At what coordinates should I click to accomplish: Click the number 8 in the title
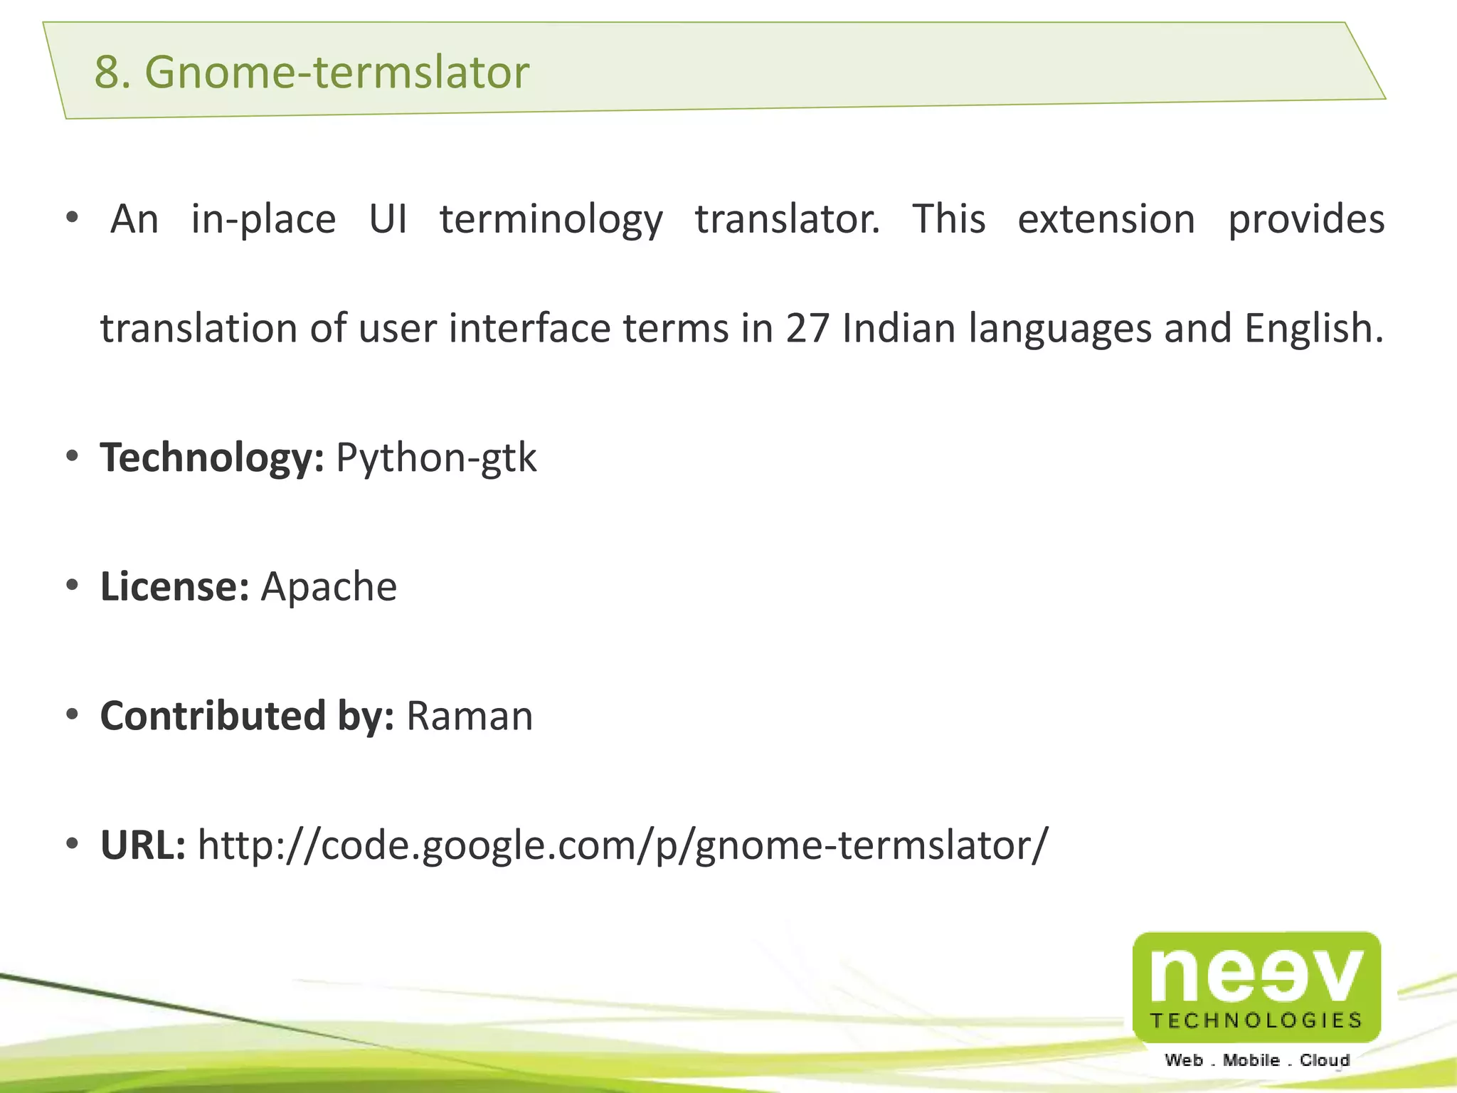[107, 73]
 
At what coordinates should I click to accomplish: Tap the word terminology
[551, 219]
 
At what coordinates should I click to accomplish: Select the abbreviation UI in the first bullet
[388, 219]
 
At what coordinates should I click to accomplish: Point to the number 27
[807, 329]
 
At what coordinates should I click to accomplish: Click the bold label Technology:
[212, 458]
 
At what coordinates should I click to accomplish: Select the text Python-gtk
[436, 458]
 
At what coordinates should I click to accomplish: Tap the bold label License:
[174, 587]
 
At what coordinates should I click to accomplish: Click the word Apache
[329, 587]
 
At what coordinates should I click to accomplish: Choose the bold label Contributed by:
[247, 716]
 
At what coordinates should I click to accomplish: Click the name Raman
[470, 716]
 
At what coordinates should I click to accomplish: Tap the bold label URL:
[143, 845]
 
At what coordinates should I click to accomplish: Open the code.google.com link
[622, 845]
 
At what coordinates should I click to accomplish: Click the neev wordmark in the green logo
[1256, 974]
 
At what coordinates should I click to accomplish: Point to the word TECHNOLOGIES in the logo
[1256, 1021]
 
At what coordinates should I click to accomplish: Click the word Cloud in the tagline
[1325, 1061]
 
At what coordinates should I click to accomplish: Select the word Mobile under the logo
[1251, 1061]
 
